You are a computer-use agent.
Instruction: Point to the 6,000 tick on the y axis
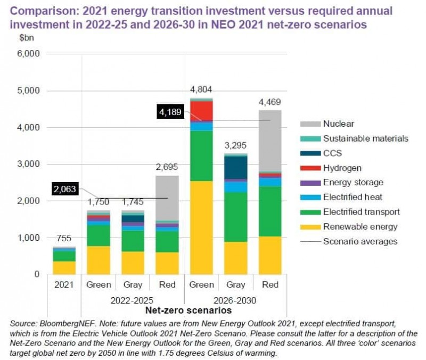click(x=29, y=54)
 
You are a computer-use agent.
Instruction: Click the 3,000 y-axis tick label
click(x=29, y=164)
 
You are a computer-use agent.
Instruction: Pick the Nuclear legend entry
click(x=338, y=124)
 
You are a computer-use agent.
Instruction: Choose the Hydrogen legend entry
click(x=342, y=168)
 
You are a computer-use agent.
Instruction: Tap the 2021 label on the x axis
click(x=64, y=284)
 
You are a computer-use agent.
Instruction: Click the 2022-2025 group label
click(x=133, y=300)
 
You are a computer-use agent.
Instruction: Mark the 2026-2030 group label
click(x=236, y=300)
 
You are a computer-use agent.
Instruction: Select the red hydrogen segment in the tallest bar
click(x=201, y=111)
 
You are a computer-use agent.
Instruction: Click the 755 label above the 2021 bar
click(x=64, y=239)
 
